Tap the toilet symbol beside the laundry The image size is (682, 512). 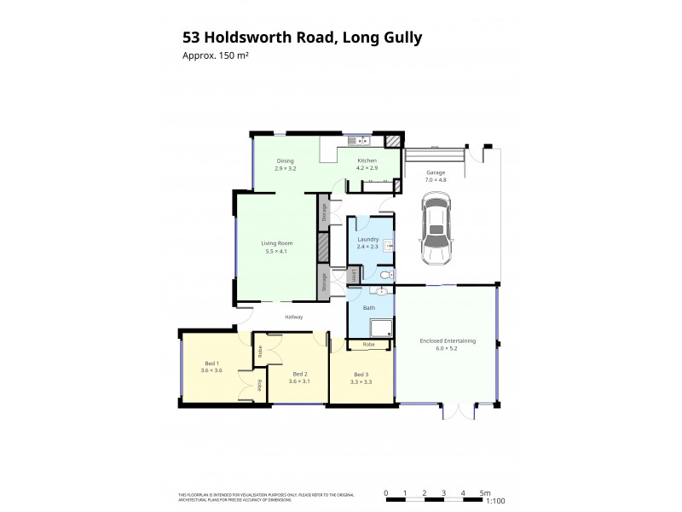[384, 275]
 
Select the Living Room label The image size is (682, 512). [277, 243]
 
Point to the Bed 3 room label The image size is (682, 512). [362, 374]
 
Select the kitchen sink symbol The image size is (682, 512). [361, 140]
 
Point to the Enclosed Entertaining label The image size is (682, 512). [448, 340]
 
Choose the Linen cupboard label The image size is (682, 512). [354, 275]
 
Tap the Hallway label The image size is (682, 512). [294, 317]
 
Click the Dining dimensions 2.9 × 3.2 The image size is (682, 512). [285, 168]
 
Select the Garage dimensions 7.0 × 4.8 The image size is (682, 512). [436, 181]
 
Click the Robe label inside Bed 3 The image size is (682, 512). [368, 344]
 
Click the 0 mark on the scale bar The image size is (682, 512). [386, 492]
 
